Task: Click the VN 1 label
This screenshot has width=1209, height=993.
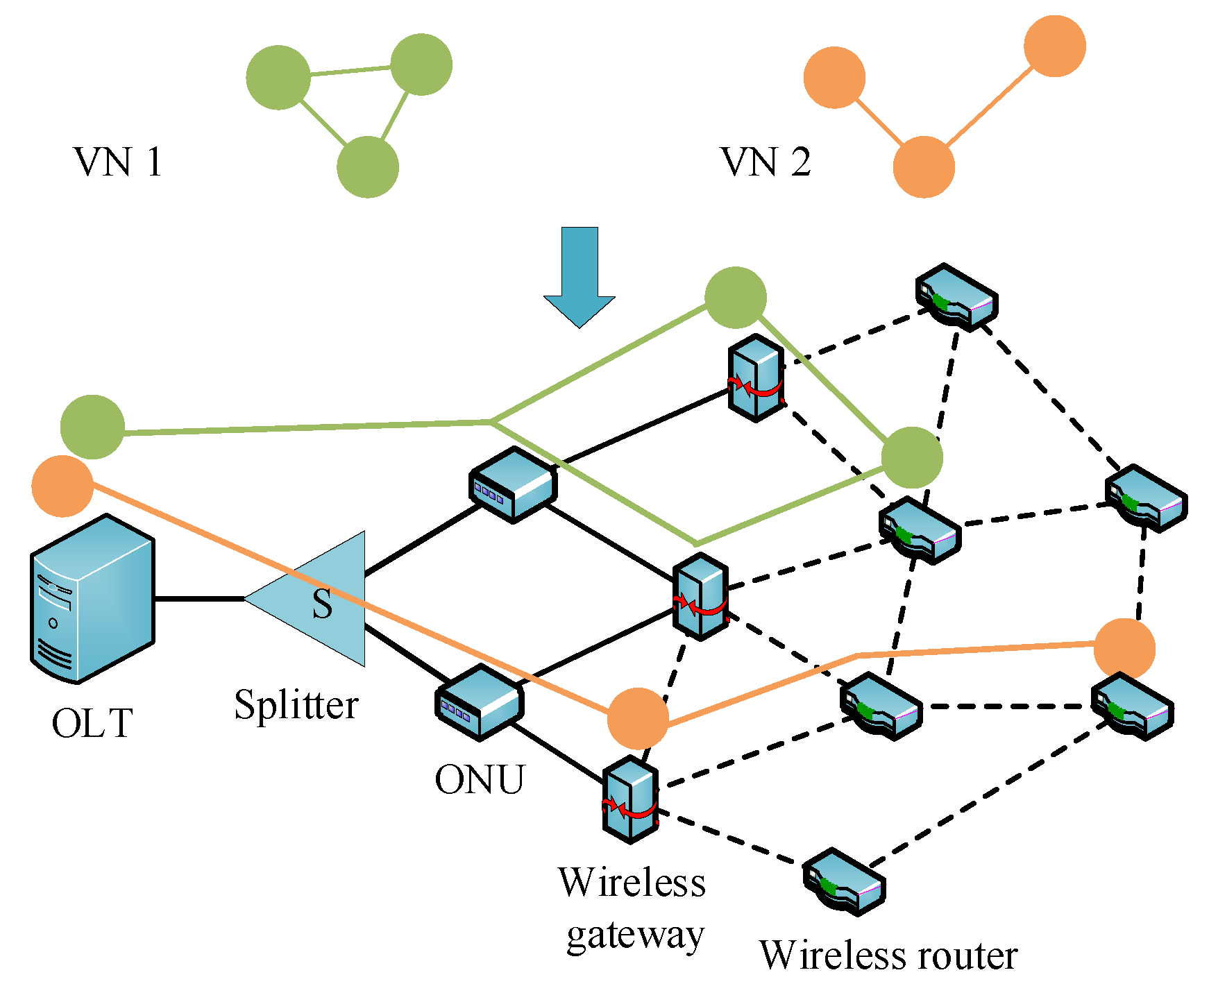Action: [x=118, y=162]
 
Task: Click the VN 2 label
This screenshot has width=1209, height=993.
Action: [x=766, y=162]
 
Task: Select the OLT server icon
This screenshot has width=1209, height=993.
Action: [x=92, y=599]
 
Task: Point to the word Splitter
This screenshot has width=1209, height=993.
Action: [x=296, y=706]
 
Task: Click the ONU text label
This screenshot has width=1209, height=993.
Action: [x=480, y=780]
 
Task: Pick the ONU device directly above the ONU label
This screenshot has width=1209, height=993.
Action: [x=479, y=701]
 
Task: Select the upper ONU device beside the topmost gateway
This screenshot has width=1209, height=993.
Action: [x=513, y=484]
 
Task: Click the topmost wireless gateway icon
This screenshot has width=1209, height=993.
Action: [x=756, y=377]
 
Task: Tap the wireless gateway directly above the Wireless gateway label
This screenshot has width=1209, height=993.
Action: [x=630, y=800]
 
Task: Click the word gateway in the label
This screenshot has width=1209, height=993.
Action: [x=635, y=935]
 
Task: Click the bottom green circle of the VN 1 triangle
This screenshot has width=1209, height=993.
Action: [x=368, y=167]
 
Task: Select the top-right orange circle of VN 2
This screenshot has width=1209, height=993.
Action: [x=1054, y=46]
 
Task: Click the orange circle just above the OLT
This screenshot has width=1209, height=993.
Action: [x=62, y=486]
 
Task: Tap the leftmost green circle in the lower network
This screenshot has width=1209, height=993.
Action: [x=92, y=427]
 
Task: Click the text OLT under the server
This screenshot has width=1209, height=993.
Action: [x=92, y=724]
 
